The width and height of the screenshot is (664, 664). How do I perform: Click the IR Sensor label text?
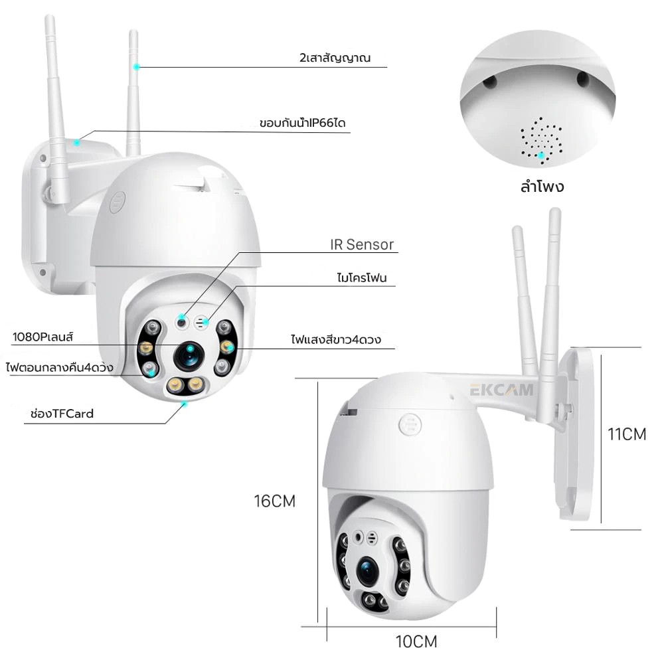pyautogui.click(x=362, y=244)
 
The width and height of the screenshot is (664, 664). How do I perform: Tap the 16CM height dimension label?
pyautogui.click(x=274, y=501)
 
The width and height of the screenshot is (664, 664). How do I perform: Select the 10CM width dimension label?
pyautogui.click(x=416, y=641)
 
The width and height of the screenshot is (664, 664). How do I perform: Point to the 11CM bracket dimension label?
pyautogui.click(x=627, y=434)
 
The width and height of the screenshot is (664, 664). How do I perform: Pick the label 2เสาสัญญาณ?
pyautogui.click(x=335, y=58)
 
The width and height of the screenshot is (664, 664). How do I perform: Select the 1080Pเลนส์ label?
pyautogui.click(x=42, y=337)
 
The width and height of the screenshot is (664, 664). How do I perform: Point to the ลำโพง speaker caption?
pyautogui.click(x=542, y=186)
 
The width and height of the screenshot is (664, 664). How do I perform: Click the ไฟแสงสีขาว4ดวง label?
pyautogui.click(x=334, y=339)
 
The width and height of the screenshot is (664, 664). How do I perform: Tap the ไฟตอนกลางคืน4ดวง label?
pyautogui.click(x=58, y=367)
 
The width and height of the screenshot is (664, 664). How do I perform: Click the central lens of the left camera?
pyautogui.click(x=188, y=358)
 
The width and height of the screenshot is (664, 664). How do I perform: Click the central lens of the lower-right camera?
pyautogui.click(x=369, y=568)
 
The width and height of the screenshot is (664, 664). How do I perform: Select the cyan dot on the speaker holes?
pyautogui.click(x=542, y=155)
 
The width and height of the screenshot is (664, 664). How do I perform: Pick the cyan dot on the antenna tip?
pyautogui.click(x=136, y=66)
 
